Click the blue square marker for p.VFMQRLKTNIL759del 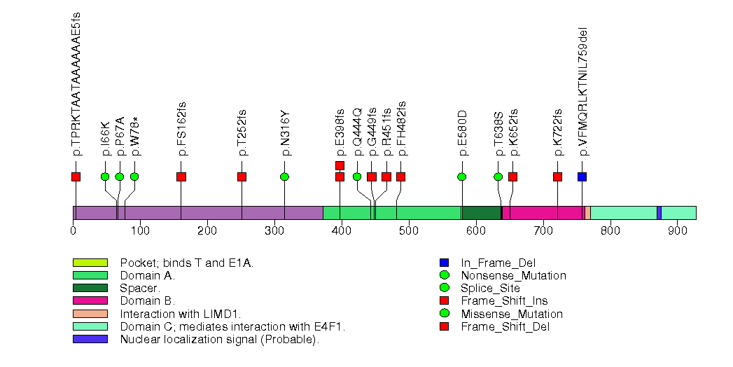[582, 176]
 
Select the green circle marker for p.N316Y [284, 176]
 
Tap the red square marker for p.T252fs [242, 176]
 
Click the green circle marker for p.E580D [461, 176]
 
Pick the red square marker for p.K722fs [557, 176]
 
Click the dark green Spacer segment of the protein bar [482, 212]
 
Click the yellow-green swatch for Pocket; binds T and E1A [90, 263]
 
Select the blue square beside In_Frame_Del [443, 263]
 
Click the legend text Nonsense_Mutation [513, 275]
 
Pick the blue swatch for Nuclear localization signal [90, 339]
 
